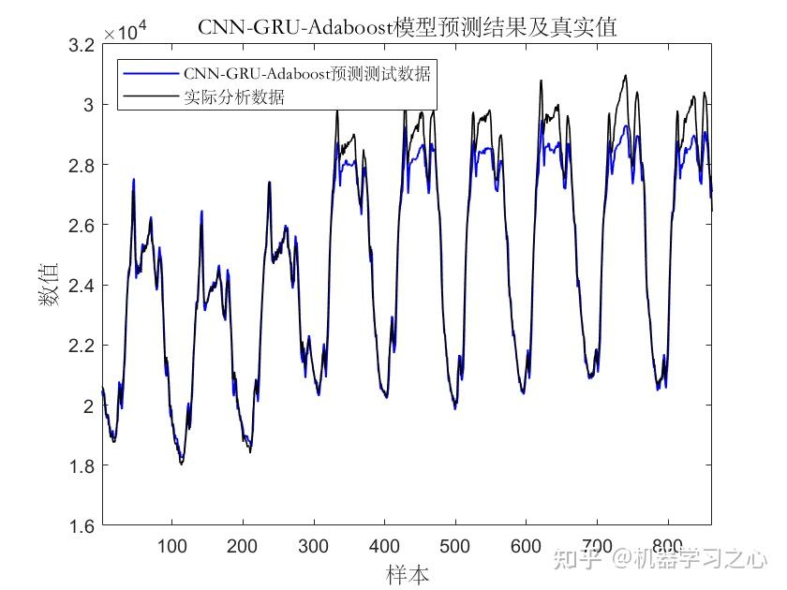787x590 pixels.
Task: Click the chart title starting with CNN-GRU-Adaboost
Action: tap(408, 27)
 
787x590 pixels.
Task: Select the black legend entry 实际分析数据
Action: tap(234, 96)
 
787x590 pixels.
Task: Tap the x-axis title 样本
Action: tap(408, 572)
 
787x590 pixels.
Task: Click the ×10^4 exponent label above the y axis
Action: tap(126, 33)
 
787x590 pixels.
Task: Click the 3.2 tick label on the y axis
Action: tap(82, 45)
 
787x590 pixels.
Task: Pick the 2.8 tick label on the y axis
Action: tap(82, 165)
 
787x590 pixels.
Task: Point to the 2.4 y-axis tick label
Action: tap(82, 286)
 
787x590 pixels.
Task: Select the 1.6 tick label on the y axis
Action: tap(82, 526)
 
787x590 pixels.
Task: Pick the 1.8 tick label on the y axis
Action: tap(82, 466)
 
